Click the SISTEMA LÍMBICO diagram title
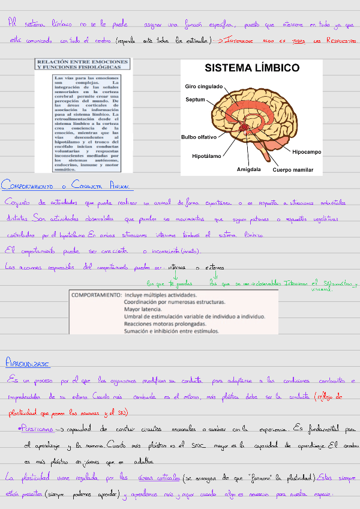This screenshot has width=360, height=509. tap(252, 68)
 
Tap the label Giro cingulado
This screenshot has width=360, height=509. tap(203, 86)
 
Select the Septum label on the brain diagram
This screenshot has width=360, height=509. tap(196, 100)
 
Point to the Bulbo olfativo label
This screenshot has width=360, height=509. tap(199, 137)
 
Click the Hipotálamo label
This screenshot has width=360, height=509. tap(207, 156)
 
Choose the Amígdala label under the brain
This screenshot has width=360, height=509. tap(249, 169)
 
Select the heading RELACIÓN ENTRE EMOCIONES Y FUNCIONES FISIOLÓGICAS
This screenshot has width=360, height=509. tap(83, 64)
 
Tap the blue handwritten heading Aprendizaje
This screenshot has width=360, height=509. tap(28, 364)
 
